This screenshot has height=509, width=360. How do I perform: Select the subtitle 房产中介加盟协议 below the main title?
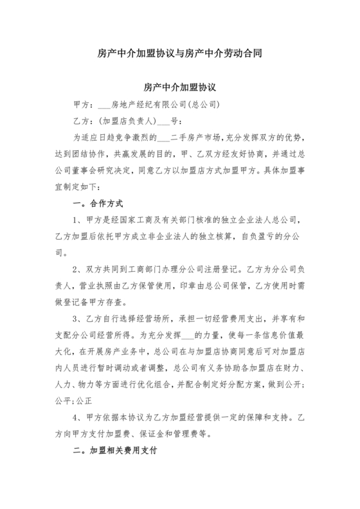[x=179, y=86]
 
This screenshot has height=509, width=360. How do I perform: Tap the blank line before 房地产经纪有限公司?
[x=102, y=103]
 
